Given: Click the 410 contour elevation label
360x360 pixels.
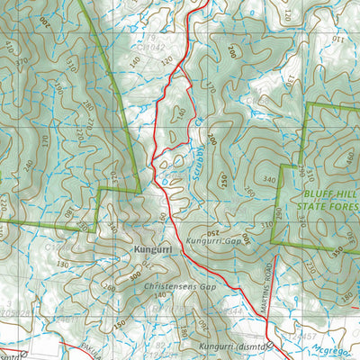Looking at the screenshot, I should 10,45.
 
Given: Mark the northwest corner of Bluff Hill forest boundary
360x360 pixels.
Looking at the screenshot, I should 308,105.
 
